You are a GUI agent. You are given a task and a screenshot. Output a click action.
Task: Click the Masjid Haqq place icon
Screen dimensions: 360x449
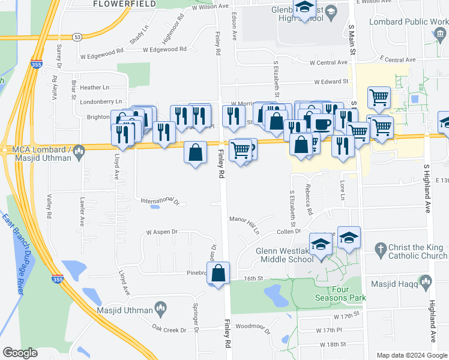(x=426, y=281)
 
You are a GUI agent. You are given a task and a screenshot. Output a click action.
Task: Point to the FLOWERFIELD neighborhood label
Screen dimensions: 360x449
(x=124, y=4)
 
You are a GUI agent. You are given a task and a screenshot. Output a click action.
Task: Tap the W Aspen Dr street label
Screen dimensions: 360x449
(x=162, y=232)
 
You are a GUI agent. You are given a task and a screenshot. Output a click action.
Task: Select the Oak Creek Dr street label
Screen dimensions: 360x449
(x=170, y=329)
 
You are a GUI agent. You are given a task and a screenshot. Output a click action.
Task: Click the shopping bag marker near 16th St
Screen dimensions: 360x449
(x=219, y=273)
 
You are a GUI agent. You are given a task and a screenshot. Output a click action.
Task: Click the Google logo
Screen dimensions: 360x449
(x=20, y=353)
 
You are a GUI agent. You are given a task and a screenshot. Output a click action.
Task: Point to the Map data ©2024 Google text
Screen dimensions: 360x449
(x=411, y=355)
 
